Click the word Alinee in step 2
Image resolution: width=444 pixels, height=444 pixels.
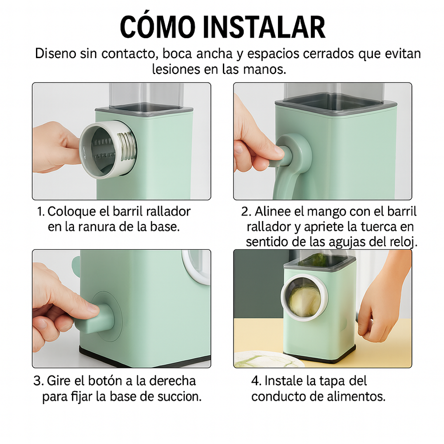pyautogui.click(x=273, y=211)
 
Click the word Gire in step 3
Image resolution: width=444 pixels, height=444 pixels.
pyautogui.click(x=59, y=381)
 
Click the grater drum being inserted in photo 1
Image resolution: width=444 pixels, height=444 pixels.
pyautogui.click(x=107, y=150)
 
